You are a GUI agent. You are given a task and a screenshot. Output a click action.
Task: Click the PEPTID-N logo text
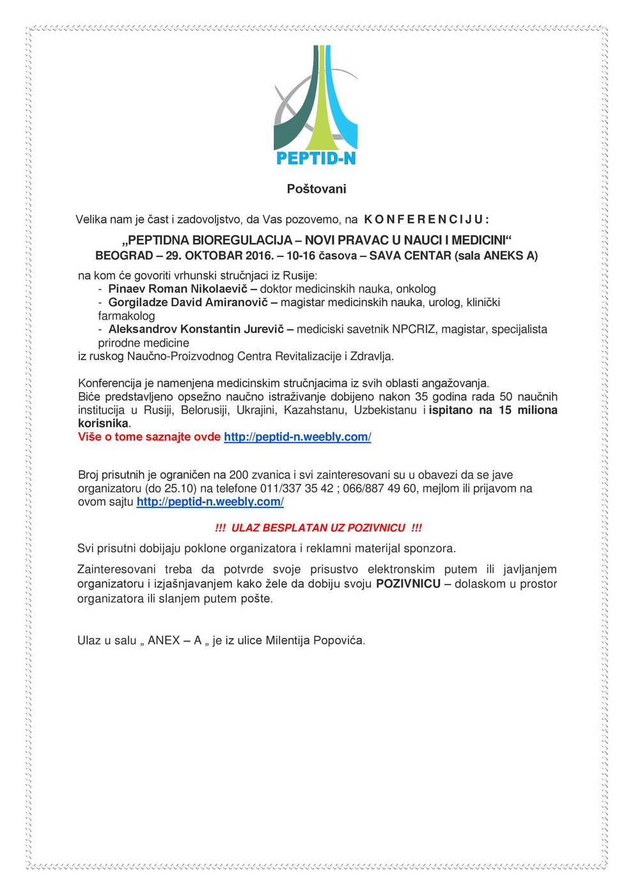[x=316, y=158]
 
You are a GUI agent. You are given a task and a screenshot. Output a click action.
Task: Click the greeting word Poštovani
[x=316, y=189]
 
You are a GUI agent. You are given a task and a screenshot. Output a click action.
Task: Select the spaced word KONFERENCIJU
[x=426, y=220]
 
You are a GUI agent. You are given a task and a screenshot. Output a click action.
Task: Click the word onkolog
[x=416, y=289]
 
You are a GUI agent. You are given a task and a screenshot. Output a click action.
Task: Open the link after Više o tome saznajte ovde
[x=297, y=437]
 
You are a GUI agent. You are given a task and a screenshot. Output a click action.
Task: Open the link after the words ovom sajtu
[x=210, y=502]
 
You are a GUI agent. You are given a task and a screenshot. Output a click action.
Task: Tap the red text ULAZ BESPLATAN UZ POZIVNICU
[x=318, y=528]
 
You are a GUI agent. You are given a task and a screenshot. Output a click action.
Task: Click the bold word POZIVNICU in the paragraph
[x=408, y=584]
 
